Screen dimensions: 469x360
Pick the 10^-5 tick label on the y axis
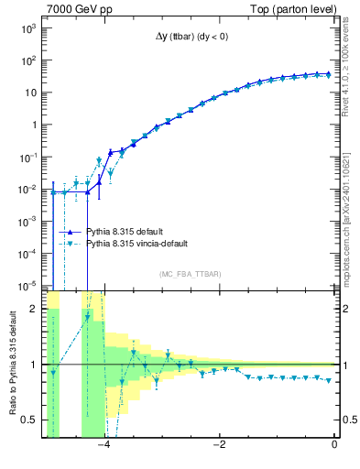pyautogui.click(x=27, y=285)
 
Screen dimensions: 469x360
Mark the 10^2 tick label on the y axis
pyautogui.click(x=27, y=60)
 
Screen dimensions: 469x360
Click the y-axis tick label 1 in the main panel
pyautogui.click(x=32, y=125)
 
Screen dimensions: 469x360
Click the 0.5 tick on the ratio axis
pyautogui.click(x=29, y=420)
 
